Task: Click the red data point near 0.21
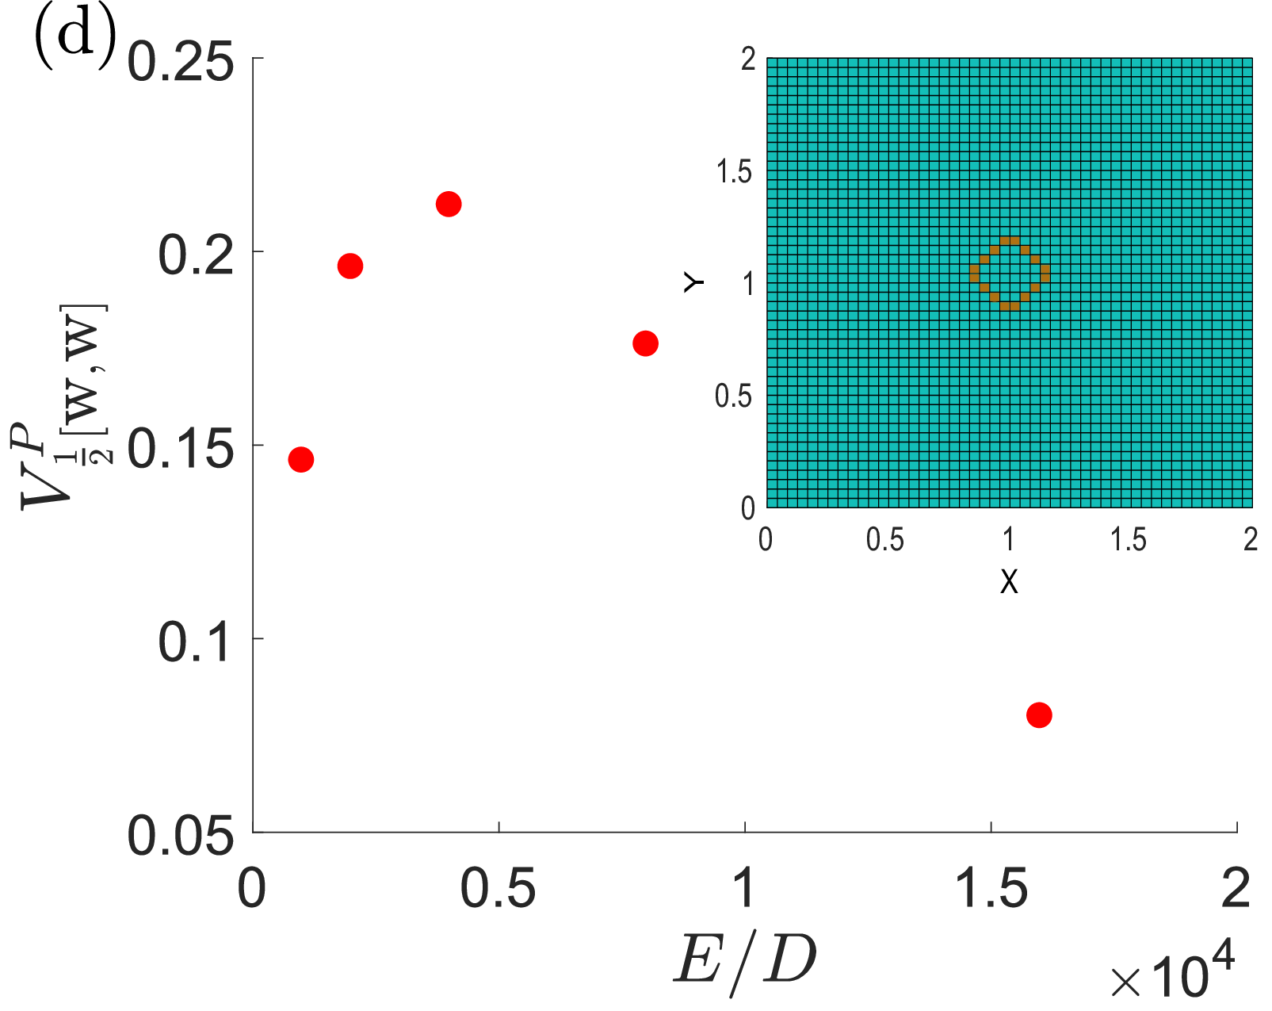tap(449, 204)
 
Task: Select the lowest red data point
tap(1039, 715)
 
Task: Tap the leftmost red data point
tap(301, 460)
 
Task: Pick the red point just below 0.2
tap(350, 266)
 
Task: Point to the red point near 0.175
tap(645, 343)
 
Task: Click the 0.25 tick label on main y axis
tap(180, 63)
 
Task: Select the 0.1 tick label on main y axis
tap(194, 642)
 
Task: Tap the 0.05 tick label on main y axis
tap(180, 835)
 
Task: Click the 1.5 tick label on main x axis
tap(991, 888)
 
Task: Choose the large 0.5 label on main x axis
tap(498, 888)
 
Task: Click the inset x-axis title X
tap(1009, 581)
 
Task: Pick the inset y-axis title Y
tap(693, 282)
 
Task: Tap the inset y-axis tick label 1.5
tap(734, 172)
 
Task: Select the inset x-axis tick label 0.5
tap(884, 539)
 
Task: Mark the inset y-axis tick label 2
tap(748, 59)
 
